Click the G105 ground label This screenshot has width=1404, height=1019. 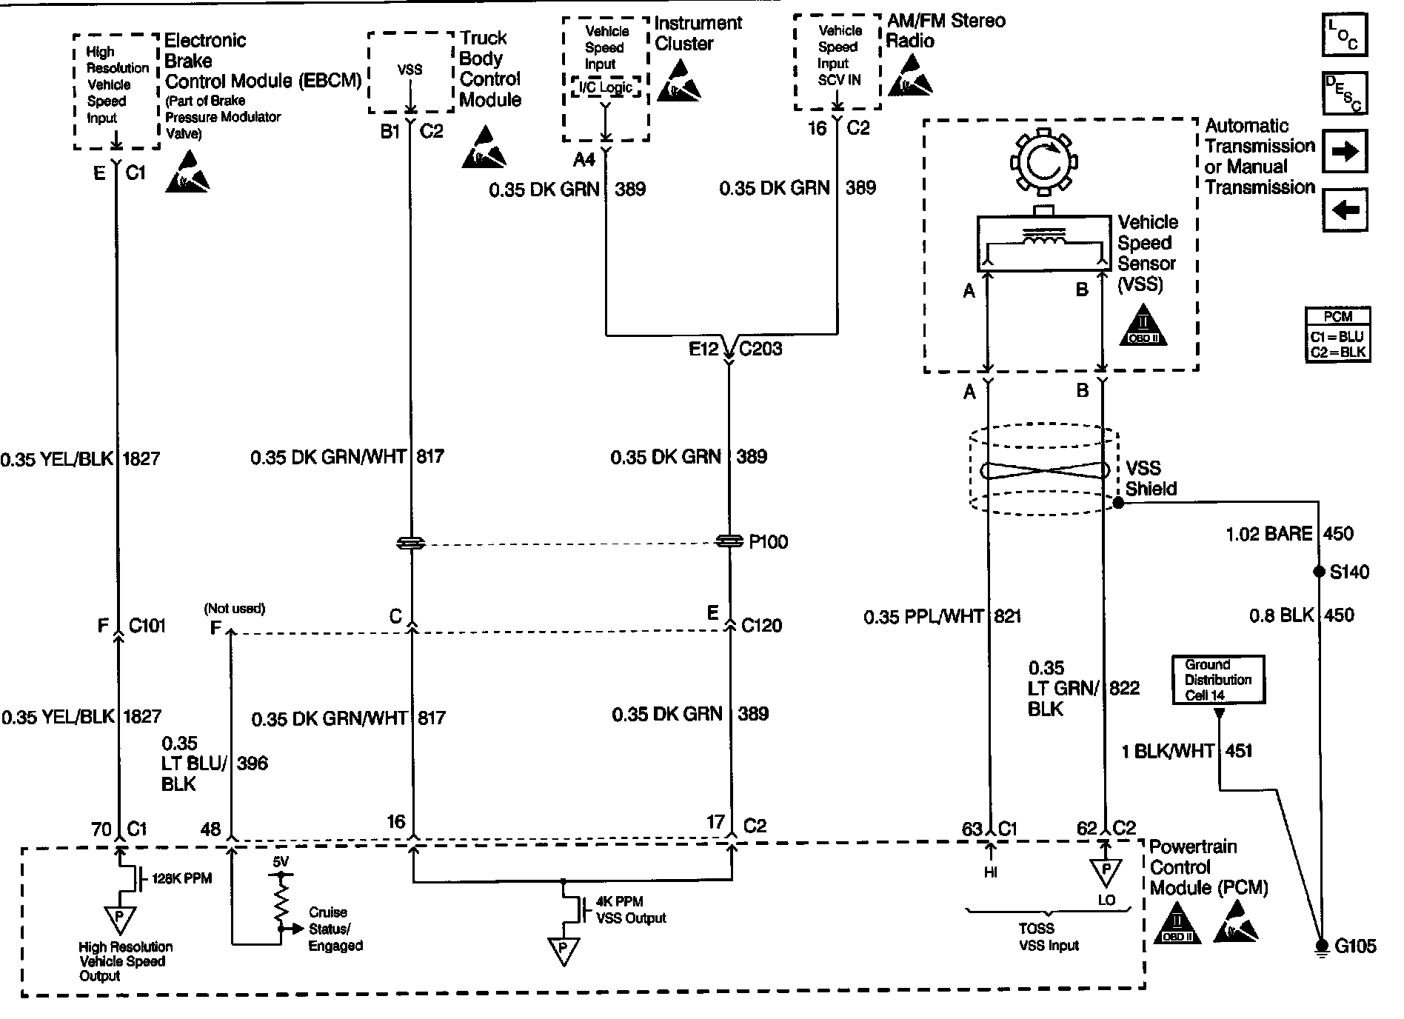pos(1355,946)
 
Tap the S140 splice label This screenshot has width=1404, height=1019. pos(1349,572)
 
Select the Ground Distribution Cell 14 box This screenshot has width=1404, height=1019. pos(1218,680)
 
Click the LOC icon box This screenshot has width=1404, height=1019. pos(1344,36)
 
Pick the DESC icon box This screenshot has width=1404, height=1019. pos(1344,93)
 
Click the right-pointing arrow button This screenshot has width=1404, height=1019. pos(1344,152)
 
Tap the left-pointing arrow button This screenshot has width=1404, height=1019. pos(1344,210)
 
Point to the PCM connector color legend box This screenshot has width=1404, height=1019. pos(1337,334)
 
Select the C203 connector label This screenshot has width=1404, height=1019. pos(760,349)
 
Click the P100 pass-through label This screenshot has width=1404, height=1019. pos(768,542)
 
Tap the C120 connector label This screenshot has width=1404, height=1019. pos(761,626)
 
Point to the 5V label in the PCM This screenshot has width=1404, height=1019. pos(281,862)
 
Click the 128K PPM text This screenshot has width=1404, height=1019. pos(181,879)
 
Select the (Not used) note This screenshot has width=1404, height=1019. pos(235,609)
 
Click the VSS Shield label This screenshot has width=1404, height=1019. pos(1151,478)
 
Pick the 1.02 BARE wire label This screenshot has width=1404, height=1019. pos(1269,534)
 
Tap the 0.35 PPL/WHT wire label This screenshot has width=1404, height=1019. pos(923,616)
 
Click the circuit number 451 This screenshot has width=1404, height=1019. pos(1238,751)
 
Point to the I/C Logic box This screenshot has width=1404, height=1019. pos(605,88)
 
